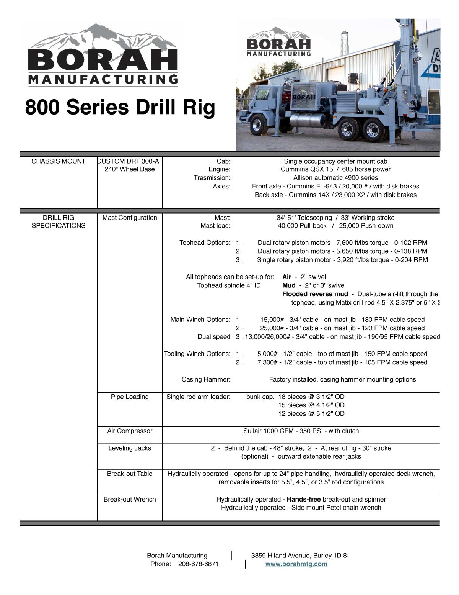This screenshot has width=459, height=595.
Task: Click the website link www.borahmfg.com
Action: tap(296, 564)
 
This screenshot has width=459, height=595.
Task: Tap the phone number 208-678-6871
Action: tap(198, 564)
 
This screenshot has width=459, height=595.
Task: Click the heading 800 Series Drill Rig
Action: tap(120, 107)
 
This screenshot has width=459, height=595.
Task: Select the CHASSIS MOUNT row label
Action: tap(59, 161)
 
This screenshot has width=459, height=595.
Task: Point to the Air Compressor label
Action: tap(130, 431)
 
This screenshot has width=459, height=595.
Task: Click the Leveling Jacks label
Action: tap(130, 448)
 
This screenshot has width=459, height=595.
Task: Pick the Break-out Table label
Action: tap(130, 474)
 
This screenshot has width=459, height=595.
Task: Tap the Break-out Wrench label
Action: tap(130, 500)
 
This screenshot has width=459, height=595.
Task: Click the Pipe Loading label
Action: tap(130, 397)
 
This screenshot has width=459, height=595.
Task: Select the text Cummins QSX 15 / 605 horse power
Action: tap(335, 169)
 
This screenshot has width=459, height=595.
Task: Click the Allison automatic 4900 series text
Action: tap(335, 178)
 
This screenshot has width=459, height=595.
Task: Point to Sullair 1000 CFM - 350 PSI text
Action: tap(301, 431)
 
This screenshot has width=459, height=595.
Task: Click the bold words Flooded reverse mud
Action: tap(315, 294)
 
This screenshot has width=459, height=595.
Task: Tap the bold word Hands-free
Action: tap(304, 500)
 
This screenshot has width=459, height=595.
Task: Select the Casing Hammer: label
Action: tap(206, 380)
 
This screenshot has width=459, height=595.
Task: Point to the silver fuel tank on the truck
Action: tap(308, 121)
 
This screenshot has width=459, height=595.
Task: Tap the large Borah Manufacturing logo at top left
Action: tap(103, 56)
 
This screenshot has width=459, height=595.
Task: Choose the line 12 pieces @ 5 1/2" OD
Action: tap(311, 414)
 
